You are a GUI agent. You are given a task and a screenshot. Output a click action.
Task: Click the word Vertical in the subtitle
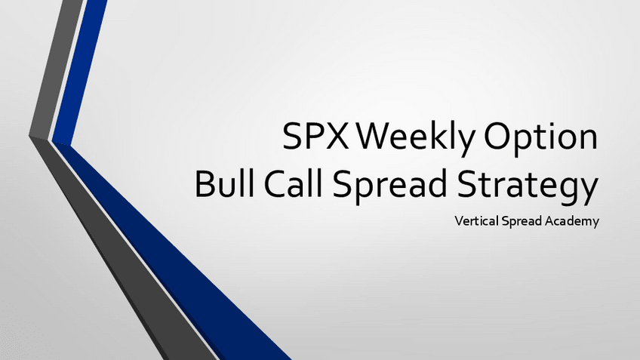477,220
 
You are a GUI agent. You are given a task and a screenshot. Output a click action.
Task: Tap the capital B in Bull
204,185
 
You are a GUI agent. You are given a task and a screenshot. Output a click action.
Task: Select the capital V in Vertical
459,220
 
